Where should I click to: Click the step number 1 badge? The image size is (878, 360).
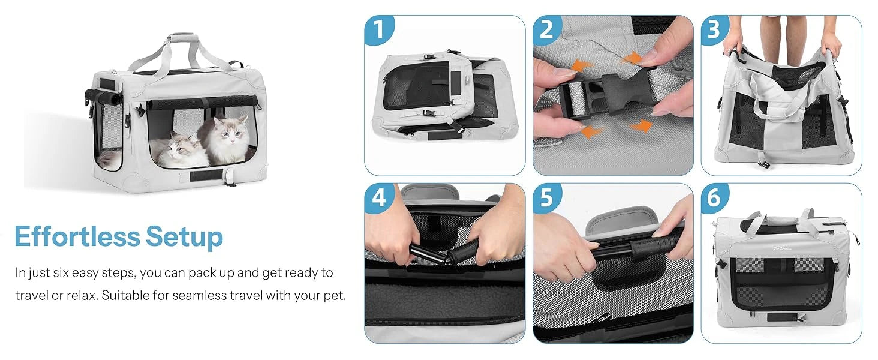point(379,29)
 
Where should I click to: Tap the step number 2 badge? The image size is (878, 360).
point(547,29)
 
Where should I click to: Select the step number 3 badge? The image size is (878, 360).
point(715,29)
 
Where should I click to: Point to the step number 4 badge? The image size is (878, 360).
point(379,197)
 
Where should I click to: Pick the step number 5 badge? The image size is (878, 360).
point(547,197)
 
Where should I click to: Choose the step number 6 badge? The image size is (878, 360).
point(715,197)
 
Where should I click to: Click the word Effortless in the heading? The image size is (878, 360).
point(77,236)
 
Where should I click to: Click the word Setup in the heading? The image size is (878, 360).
point(184,238)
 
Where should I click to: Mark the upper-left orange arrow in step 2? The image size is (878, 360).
point(582,65)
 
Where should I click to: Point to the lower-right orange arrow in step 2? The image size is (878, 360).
point(641,126)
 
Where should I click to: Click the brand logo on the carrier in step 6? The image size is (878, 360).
point(783,248)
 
